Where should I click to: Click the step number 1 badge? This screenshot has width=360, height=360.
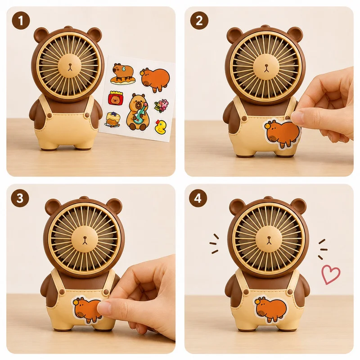[21, 21]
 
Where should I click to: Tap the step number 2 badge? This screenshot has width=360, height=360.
[199, 21]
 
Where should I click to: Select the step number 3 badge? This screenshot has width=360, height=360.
[20, 198]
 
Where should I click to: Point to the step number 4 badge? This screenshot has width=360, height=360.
[198, 198]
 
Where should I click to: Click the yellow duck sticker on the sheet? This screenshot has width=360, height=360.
[161, 127]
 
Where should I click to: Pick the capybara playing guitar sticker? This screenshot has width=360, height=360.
[138, 112]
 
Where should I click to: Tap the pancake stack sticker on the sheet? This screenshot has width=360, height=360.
[112, 119]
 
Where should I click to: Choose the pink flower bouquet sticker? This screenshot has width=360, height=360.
[162, 106]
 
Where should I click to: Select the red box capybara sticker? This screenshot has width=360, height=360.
[116, 98]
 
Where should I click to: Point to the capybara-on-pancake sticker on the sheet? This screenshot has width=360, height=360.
[122, 74]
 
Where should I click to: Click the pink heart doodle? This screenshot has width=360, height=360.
[331, 274]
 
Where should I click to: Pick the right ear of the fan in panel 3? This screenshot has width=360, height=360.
[114, 206]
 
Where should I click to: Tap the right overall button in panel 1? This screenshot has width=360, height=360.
[87, 116]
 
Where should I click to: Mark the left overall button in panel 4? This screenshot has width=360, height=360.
[246, 292]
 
